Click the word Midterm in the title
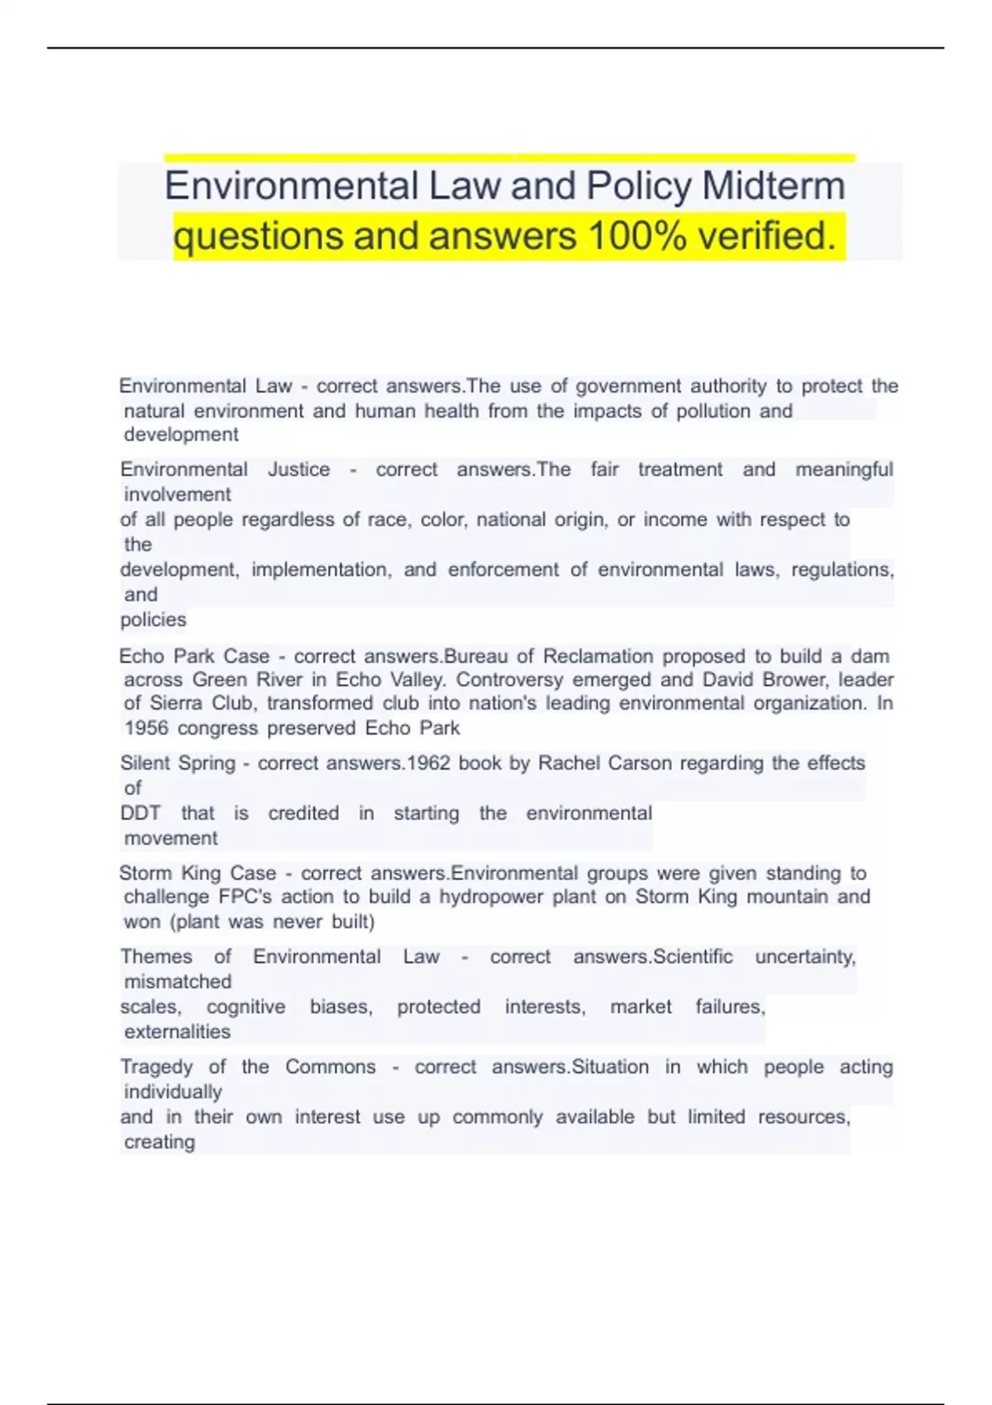click(774, 186)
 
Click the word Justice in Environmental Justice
click(298, 469)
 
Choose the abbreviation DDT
click(141, 813)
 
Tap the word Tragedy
click(155, 1067)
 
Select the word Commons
click(331, 1067)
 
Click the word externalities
click(177, 1031)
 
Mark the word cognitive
click(246, 1007)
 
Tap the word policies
click(153, 620)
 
